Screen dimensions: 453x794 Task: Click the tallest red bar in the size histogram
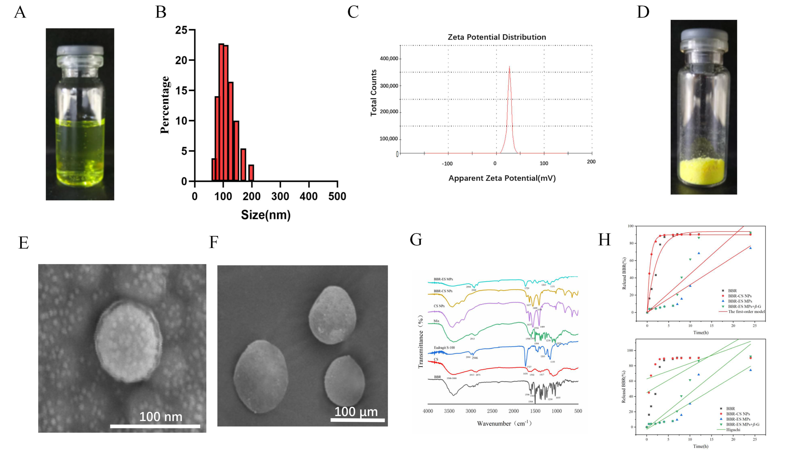point(221,112)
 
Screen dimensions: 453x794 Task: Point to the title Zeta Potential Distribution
point(496,37)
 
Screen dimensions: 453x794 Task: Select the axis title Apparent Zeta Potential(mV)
point(502,178)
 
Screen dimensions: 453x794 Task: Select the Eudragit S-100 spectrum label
point(444,347)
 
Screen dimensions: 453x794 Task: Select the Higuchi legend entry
point(733,430)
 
